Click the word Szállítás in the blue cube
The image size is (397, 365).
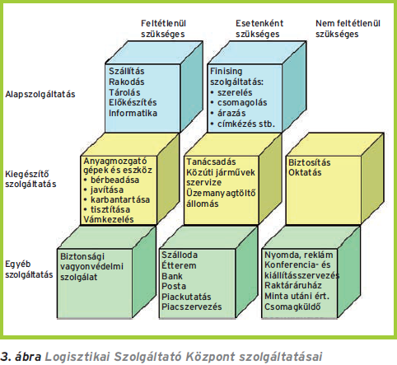tap(127, 71)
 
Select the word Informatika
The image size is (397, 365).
tap(133, 113)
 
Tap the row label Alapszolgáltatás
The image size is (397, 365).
tap(40, 94)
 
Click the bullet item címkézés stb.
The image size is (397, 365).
tap(246, 124)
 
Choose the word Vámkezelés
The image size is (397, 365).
tap(109, 219)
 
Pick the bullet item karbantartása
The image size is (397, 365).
tap(120, 199)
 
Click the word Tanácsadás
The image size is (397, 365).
tap(211, 161)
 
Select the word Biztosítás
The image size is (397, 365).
tap(309, 162)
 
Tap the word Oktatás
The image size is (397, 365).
tap(305, 172)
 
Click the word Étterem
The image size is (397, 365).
tap(179, 265)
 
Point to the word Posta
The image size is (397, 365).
tap(174, 286)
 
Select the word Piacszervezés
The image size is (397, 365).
tap(191, 307)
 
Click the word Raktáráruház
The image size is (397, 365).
tap(292, 286)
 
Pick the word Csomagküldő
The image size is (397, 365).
tap(292, 307)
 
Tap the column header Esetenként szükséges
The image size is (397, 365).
tap(259, 29)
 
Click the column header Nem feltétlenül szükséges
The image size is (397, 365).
tap(348, 29)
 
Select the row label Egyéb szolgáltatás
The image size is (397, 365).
tap(29, 269)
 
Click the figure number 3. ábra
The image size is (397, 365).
tap(21, 357)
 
